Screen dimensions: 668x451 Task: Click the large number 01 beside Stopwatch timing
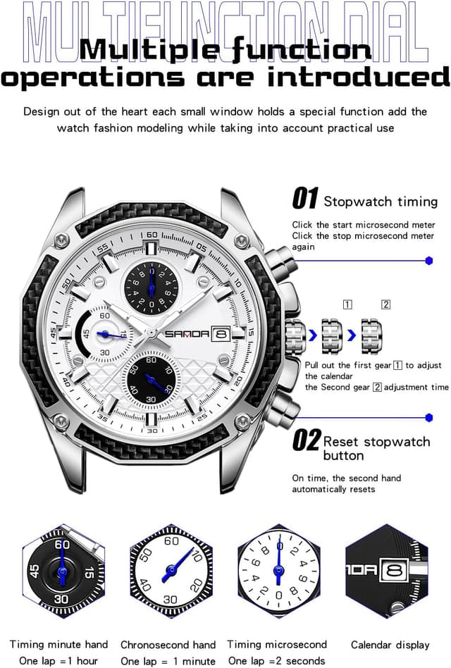305,199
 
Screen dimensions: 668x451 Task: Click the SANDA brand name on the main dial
187,334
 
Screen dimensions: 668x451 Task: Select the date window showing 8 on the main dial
221,334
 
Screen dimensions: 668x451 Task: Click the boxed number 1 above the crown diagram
347,304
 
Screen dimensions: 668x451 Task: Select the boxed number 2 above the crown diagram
385,304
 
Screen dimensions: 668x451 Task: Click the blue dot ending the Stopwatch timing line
429,261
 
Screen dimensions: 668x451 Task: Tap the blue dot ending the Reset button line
429,417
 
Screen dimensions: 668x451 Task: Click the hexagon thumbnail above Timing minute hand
62,571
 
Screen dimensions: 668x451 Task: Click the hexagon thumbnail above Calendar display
387,571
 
